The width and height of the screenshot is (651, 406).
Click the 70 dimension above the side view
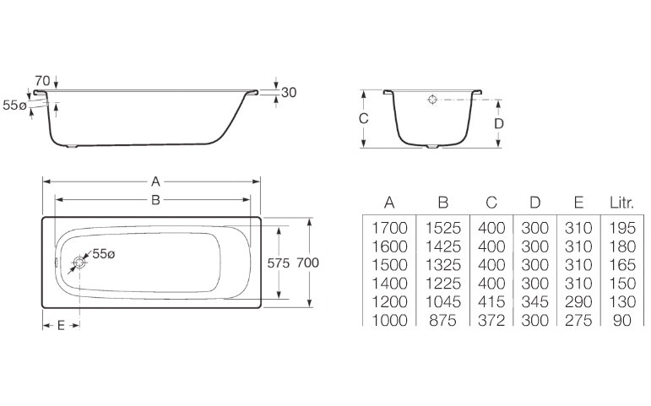[42, 80]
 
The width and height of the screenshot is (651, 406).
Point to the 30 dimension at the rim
[289, 92]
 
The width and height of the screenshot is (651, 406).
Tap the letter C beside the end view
[363, 119]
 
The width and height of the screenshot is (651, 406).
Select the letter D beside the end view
[499, 124]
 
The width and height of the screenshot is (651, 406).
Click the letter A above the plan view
[155, 181]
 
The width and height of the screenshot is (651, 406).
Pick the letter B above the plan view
[155, 200]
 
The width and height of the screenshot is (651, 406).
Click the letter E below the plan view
[61, 326]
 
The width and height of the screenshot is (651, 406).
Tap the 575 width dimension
[278, 263]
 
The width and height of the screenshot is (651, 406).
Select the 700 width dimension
[307, 263]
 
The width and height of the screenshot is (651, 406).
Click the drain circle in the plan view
[79, 263]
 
